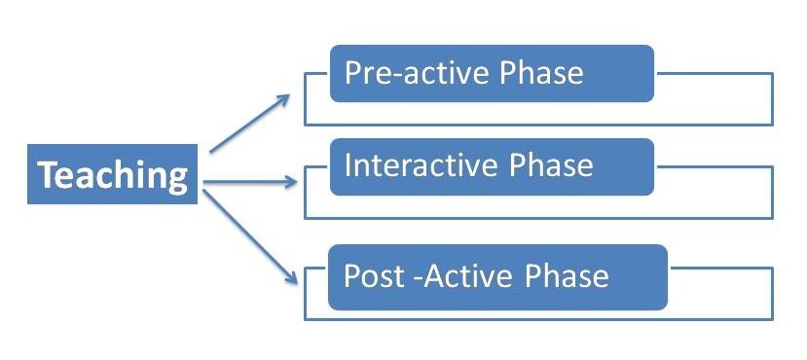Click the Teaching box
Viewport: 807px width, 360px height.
[111, 176]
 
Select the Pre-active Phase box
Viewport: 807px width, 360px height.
[492, 73]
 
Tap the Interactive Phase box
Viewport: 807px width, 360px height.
[492, 167]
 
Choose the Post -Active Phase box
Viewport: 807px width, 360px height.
[497, 277]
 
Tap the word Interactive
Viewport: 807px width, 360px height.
[422, 165]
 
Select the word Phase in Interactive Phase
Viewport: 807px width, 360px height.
[550, 165]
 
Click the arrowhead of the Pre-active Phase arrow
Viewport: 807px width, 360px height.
[287, 96]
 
